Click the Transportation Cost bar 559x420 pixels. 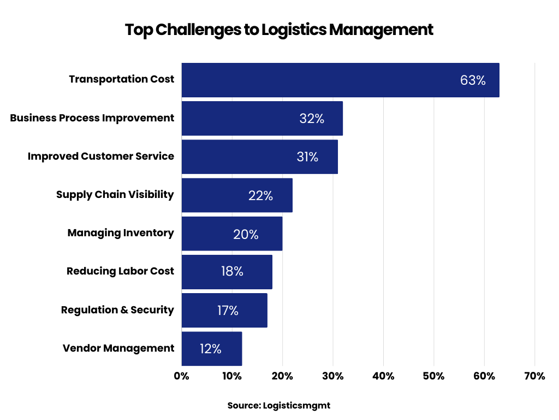[328, 80]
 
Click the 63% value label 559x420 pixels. [473, 80]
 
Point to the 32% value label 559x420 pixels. [312, 119]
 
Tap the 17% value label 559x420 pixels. [228, 311]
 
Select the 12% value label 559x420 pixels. [210, 349]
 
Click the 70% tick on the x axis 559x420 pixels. [534, 376]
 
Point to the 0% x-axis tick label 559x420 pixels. [181, 376]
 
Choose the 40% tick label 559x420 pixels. [383, 376]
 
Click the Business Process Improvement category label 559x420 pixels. [92, 118]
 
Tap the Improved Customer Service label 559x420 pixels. [101, 156]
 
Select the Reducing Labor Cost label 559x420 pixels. [120, 271]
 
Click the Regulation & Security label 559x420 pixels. [117, 310]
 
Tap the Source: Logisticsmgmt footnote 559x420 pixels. [279, 406]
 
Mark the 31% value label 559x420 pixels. [307, 157]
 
